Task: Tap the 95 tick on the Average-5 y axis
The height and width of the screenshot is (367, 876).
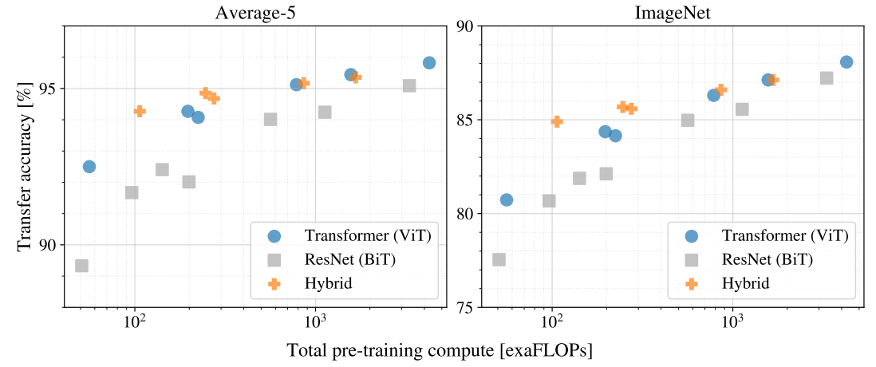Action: (49, 89)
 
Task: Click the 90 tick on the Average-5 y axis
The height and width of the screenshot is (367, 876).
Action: (49, 244)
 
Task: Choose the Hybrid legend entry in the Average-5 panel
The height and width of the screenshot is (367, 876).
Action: (328, 282)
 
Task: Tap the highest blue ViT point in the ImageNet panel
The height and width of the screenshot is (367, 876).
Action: (846, 62)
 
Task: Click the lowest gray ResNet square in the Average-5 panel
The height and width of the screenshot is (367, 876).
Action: (81, 266)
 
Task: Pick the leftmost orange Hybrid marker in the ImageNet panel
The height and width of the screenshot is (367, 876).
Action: (557, 121)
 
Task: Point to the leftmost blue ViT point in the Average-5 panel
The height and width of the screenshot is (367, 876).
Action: (89, 167)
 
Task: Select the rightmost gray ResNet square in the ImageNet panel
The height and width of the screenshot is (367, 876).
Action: (827, 78)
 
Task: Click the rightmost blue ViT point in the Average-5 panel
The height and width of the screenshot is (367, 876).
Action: (429, 62)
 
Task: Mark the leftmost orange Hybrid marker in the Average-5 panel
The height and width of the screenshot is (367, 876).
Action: (140, 111)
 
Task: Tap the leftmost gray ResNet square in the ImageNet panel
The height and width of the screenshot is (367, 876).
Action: (499, 259)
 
